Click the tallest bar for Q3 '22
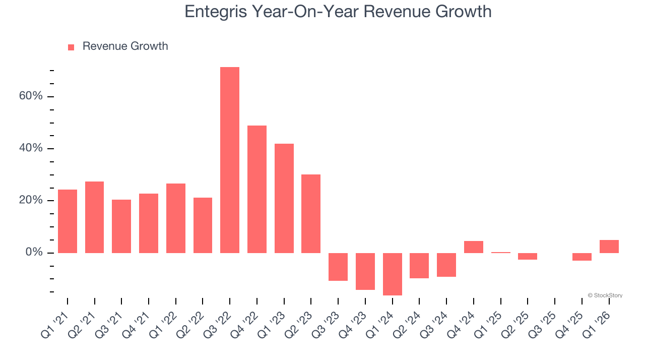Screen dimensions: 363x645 tap(230, 160)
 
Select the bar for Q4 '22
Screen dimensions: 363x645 tap(257, 189)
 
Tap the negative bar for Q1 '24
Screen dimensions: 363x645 tap(392, 274)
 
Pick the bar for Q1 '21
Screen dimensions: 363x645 tap(68, 221)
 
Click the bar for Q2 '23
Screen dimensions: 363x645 tap(311, 213)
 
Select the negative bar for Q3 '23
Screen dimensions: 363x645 tap(338, 267)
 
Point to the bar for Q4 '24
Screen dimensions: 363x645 tap(474, 247)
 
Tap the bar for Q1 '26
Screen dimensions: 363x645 tap(609, 247)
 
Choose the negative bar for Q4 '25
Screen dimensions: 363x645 tap(582, 257)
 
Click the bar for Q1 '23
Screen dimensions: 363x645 tap(284, 198)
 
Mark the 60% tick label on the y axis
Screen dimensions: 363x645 tap(31, 96)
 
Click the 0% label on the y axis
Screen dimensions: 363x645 tap(34, 252)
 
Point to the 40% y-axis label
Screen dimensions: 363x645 tap(31, 148)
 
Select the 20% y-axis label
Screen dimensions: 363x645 tap(31, 200)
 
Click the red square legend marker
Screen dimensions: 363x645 tap(71, 47)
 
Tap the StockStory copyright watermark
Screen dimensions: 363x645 tap(605, 295)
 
